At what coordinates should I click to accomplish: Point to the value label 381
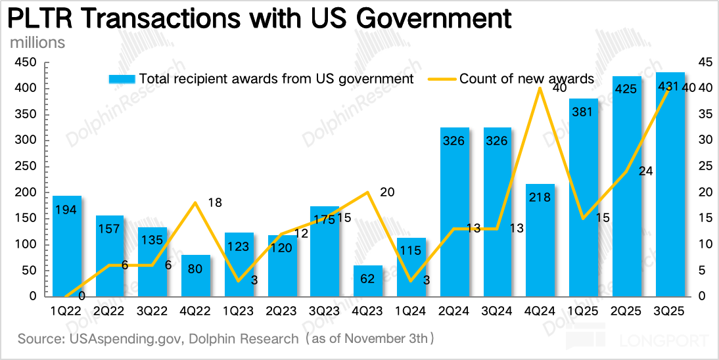583,112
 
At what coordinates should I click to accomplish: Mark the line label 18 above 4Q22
215,202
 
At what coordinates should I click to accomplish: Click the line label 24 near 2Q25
645,171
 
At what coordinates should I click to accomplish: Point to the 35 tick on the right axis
704,114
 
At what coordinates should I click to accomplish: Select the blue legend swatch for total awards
122,79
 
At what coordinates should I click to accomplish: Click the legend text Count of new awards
526,79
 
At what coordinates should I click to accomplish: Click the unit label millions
37,43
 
